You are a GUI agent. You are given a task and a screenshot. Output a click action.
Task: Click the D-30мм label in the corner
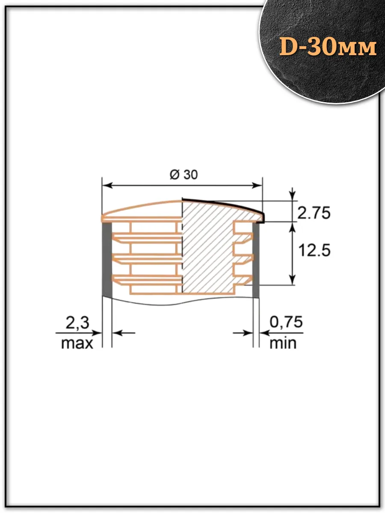coord(328,47)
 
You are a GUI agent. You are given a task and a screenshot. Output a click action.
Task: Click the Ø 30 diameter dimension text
coord(184,175)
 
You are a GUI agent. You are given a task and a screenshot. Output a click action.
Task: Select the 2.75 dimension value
coord(314,213)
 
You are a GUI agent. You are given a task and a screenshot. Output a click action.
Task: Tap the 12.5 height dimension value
coord(314,251)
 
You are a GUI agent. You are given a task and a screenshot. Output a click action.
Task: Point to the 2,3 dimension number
coord(77,323)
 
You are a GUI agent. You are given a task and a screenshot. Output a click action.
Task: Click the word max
coord(77,343)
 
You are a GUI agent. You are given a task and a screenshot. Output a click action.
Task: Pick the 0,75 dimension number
coord(286,322)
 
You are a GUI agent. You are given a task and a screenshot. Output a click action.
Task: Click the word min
coord(283,343)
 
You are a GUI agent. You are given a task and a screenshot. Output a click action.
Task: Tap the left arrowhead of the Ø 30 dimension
coord(107,186)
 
